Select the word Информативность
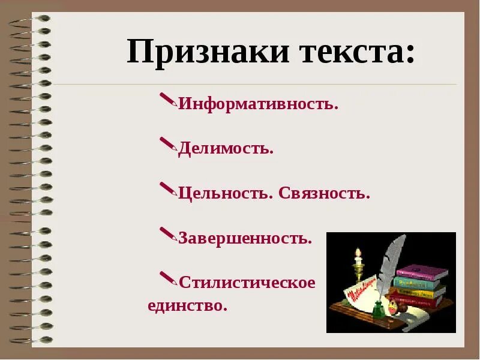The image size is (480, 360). (x=259, y=104)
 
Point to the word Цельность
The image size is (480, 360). (x=226, y=193)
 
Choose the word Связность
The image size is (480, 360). (x=324, y=193)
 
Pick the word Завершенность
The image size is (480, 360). (x=245, y=238)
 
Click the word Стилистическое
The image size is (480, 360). (x=247, y=282)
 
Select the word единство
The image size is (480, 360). (x=188, y=305)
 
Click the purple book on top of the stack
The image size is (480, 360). (x=422, y=272)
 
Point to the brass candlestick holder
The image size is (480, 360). (x=359, y=273)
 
